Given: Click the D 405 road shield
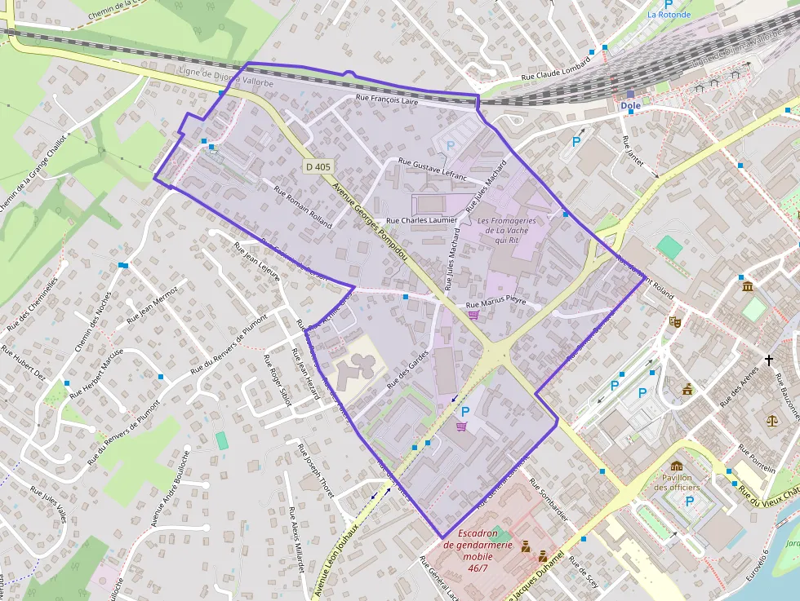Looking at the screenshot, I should pos(318,166).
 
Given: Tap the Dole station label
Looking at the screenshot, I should pos(630,106).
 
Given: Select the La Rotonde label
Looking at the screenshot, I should pos(669,15).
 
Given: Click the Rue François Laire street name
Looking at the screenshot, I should pos(388,100).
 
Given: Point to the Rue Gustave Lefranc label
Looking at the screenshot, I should pos(432,169).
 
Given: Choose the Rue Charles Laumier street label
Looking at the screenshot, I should pos(421,220).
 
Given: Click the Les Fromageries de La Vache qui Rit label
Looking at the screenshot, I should pos(507,230).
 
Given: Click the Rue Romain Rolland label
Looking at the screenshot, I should pos(303,207).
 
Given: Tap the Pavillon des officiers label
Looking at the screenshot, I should pos(678,483).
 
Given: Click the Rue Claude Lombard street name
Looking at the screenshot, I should pos(555,73).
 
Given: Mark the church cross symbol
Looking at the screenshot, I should pos(768,360).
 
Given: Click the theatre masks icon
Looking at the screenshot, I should pos(674,321).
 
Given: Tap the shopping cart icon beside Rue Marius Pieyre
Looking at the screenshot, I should pos(473,315).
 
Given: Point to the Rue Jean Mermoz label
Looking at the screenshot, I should pos(153,303).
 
